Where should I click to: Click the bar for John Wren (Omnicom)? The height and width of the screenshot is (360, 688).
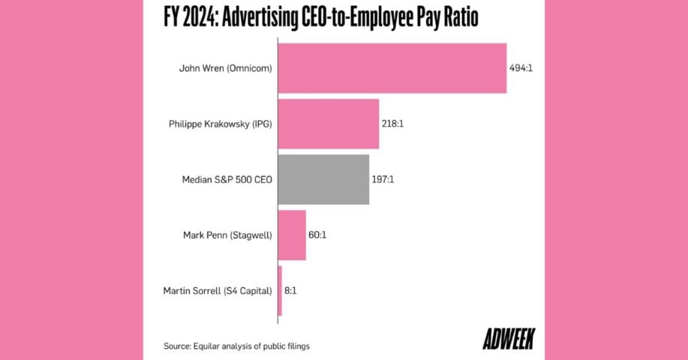tap(392, 68)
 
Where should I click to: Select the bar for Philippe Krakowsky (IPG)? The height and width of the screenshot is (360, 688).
tap(328, 124)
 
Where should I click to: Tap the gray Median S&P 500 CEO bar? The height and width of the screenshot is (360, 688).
tap(323, 179)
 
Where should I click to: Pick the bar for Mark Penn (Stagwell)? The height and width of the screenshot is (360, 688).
tap(292, 235)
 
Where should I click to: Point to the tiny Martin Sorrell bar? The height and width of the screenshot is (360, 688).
tap(280, 290)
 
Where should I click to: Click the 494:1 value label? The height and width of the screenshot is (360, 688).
tap(521, 68)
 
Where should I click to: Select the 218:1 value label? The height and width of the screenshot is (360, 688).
tap(393, 124)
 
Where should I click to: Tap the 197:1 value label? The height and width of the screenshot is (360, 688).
tap(383, 179)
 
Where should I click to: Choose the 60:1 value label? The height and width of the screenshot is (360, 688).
tap(317, 235)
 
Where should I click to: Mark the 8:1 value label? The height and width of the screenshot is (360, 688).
tap(291, 290)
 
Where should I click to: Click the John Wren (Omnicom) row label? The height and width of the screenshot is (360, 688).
tap(225, 68)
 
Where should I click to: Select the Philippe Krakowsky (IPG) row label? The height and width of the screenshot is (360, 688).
tap(220, 124)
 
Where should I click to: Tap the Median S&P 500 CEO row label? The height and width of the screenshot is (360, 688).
tap(227, 179)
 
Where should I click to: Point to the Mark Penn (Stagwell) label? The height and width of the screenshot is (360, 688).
tap(227, 235)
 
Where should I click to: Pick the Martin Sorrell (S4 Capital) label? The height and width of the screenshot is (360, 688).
tap(217, 290)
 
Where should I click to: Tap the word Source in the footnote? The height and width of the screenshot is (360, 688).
tap(177, 346)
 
